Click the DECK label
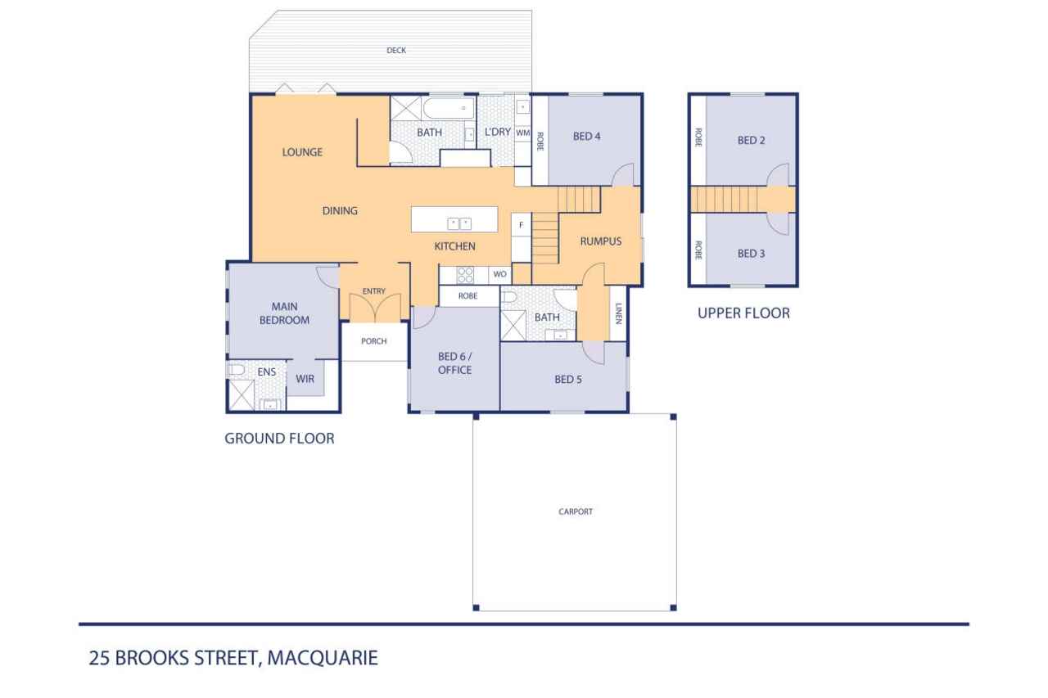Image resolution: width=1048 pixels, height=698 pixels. [395, 51]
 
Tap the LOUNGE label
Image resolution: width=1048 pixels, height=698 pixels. [302, 152]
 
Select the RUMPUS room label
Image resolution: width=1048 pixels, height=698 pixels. [601, 241]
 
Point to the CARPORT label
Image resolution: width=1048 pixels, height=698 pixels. [576, 511]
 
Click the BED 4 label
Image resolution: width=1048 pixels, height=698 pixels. [587, 136]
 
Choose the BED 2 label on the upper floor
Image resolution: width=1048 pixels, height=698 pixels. [751, 140]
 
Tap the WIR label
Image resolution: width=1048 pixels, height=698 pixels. [305, 379]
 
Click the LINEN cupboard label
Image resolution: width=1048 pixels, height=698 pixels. [618, 313]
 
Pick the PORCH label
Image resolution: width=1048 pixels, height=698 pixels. [374, 341]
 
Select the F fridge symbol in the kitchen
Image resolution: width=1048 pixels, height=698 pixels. [521, 225]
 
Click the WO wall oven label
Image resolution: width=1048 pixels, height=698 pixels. [499, 274]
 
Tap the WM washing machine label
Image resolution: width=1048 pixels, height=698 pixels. [522, 133]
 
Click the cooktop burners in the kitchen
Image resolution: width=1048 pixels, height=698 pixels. [465, 275]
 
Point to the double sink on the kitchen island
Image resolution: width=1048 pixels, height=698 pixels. [459, 224]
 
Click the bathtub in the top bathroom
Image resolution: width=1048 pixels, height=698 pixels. [448, 108]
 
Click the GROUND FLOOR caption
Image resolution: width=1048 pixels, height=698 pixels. [279, 439]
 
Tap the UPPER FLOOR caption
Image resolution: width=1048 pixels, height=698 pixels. [743, 313]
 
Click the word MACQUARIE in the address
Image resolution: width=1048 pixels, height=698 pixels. [323, 658]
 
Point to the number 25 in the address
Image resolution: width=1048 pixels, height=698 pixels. [99, 658]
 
